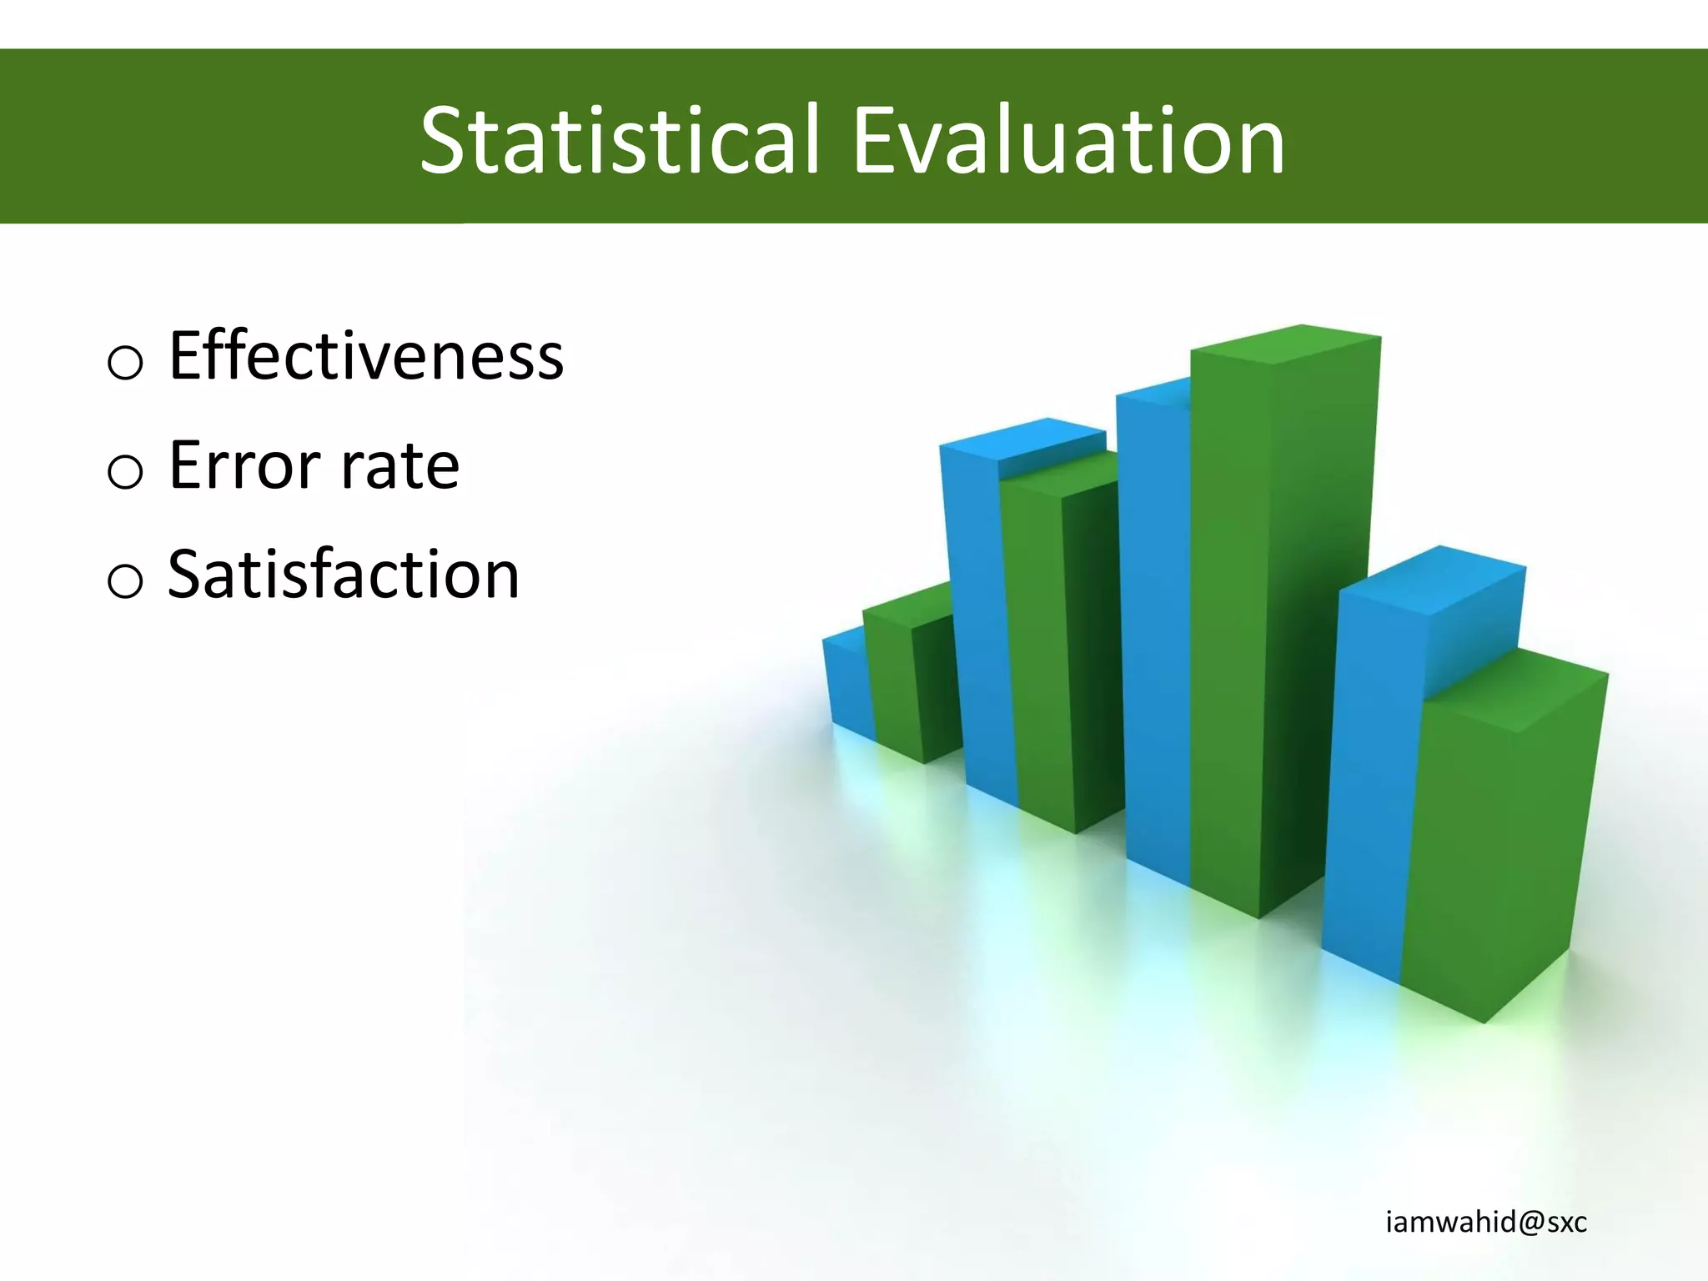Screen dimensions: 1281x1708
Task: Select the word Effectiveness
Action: pos(365,356)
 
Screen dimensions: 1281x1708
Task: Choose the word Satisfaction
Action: pos(344,575)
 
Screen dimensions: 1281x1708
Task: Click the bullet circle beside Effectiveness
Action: pos(125,363)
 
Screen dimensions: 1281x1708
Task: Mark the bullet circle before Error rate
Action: pos(125,472)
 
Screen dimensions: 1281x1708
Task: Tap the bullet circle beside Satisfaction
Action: pos(125,580)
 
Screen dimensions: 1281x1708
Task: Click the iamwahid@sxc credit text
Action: pos(1485,1223)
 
